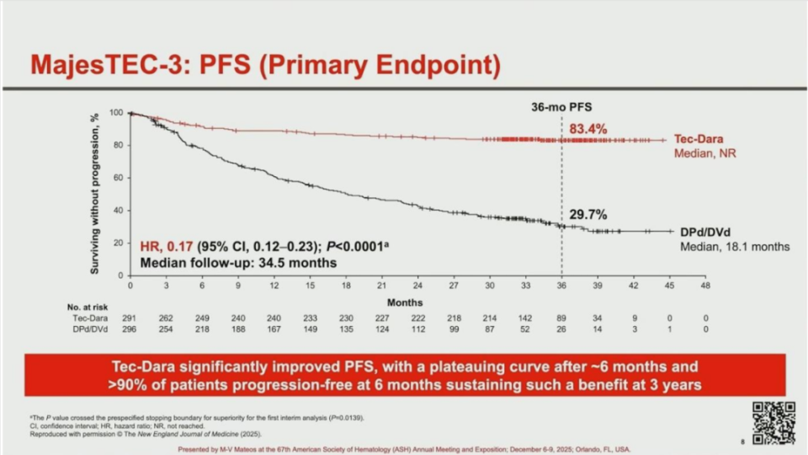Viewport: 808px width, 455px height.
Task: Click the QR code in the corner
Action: click(773, 422)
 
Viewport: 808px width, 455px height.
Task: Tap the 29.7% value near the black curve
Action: click(587, 215)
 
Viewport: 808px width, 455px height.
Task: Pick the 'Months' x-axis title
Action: click(405, 302)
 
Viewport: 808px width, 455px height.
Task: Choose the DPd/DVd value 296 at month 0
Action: click(130, 329)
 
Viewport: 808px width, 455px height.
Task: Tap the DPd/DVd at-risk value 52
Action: click(525, 329)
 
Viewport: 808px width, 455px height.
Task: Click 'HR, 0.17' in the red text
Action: click(167, 247)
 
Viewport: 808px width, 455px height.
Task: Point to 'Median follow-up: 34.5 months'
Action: click(238, 263)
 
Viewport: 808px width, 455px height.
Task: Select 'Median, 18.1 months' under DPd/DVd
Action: click(735, 247)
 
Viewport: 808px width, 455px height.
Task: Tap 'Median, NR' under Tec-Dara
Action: click(704, 155)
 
